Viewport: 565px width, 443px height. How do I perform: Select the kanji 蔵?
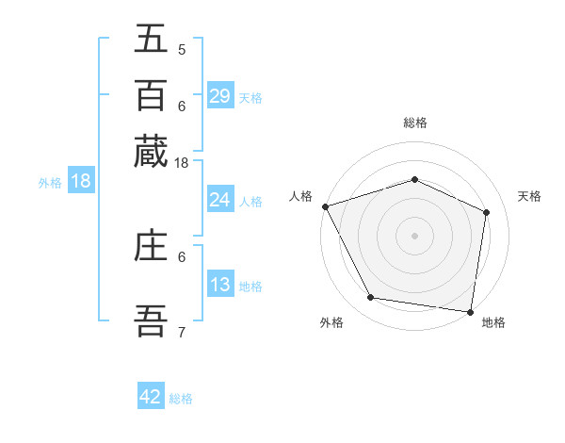coord(152,151)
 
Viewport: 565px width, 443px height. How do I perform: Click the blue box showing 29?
coord(220,96)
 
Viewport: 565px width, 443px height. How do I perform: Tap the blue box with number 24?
coord(220,200)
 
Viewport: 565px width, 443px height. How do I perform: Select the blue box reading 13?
coord(220,285)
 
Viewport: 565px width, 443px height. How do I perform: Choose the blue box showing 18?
coord(81,182)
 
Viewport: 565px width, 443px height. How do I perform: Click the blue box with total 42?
coord(151,397)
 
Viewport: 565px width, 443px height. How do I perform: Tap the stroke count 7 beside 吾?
coord(182,331)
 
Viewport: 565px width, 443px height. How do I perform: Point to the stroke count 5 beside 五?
coord(182,49)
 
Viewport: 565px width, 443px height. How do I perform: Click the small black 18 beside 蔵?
coord(182,163)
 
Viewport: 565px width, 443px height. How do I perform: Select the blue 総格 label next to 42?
coord(181,399)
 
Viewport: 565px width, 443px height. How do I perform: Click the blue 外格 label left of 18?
coord(50,183)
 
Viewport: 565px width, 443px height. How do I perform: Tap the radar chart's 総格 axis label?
coord(414,123)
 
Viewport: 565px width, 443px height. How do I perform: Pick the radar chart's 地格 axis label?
coord(493,322)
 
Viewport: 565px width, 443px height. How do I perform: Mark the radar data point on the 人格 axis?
coord(325,206)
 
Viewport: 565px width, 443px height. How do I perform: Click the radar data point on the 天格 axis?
coord(486,212)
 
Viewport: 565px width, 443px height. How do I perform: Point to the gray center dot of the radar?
coord(414,235)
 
